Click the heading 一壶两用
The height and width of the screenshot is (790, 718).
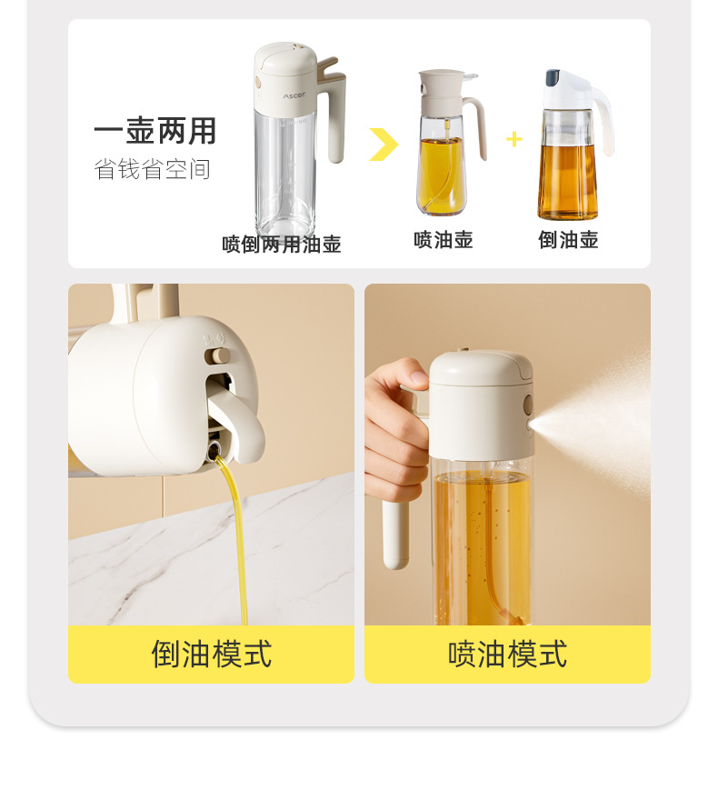coord(155,131)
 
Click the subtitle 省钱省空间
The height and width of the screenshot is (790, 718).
coord(152,169)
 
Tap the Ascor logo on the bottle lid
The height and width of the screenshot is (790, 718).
coord(294,95)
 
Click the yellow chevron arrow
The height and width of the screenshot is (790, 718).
coord(384,145)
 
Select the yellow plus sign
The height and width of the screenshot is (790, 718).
coord(514,139)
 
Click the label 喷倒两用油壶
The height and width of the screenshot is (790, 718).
coord(282,245)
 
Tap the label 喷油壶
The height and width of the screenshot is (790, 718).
coord(444,240)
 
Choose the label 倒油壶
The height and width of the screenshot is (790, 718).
coord(568,240)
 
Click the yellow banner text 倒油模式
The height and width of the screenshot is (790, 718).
coord(212,654)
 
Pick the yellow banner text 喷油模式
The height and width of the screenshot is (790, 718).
coord(508,654)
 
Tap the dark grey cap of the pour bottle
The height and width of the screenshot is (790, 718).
coord(553,76)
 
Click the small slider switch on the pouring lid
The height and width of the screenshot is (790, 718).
coord(217,356)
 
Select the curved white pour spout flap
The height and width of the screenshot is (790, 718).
coord(239,419)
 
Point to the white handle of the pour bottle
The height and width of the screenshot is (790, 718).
coord(604,121)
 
